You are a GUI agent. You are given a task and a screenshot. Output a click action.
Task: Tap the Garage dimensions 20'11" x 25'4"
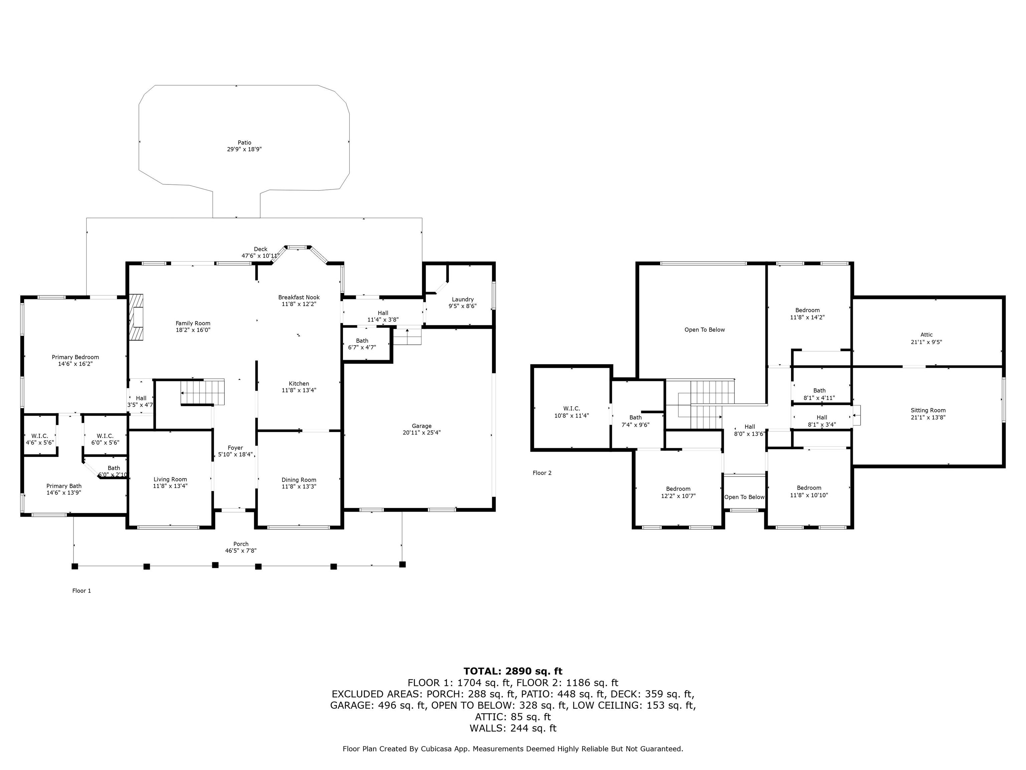click(421, 432)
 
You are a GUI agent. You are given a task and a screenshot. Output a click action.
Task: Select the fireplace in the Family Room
click(136, 317)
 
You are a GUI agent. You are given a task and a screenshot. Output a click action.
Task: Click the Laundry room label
click(463, 299)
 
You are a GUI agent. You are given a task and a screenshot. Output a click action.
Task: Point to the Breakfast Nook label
click(299, 297)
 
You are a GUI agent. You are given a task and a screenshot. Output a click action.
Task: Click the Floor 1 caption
click(81, 591)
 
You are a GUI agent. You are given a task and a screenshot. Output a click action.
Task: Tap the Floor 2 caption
click(542, 473)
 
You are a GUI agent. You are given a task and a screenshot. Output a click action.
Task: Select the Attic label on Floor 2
click(926, 335)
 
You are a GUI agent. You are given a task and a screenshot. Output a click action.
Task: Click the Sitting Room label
click(928, 410)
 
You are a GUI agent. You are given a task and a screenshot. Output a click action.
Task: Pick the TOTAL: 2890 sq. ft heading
click(513, 671)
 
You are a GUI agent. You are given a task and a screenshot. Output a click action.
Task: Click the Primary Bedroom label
click(75, 357)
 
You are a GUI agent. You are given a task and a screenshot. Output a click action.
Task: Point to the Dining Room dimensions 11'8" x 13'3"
click(299, 486)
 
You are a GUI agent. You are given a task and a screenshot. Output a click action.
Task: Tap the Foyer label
click(235, 448)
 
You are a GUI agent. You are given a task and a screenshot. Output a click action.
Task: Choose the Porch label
click(241, 544)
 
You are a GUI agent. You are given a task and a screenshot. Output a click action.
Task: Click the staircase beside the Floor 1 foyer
click(203, 392)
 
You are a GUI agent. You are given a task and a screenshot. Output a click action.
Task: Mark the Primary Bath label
click(64, 486)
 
